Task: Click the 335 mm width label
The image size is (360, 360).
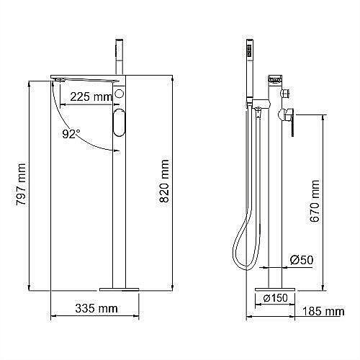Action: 96,309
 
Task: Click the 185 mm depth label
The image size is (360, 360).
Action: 323,311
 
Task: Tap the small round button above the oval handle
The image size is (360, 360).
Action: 120,94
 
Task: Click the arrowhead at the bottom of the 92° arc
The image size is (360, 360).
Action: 115,149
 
